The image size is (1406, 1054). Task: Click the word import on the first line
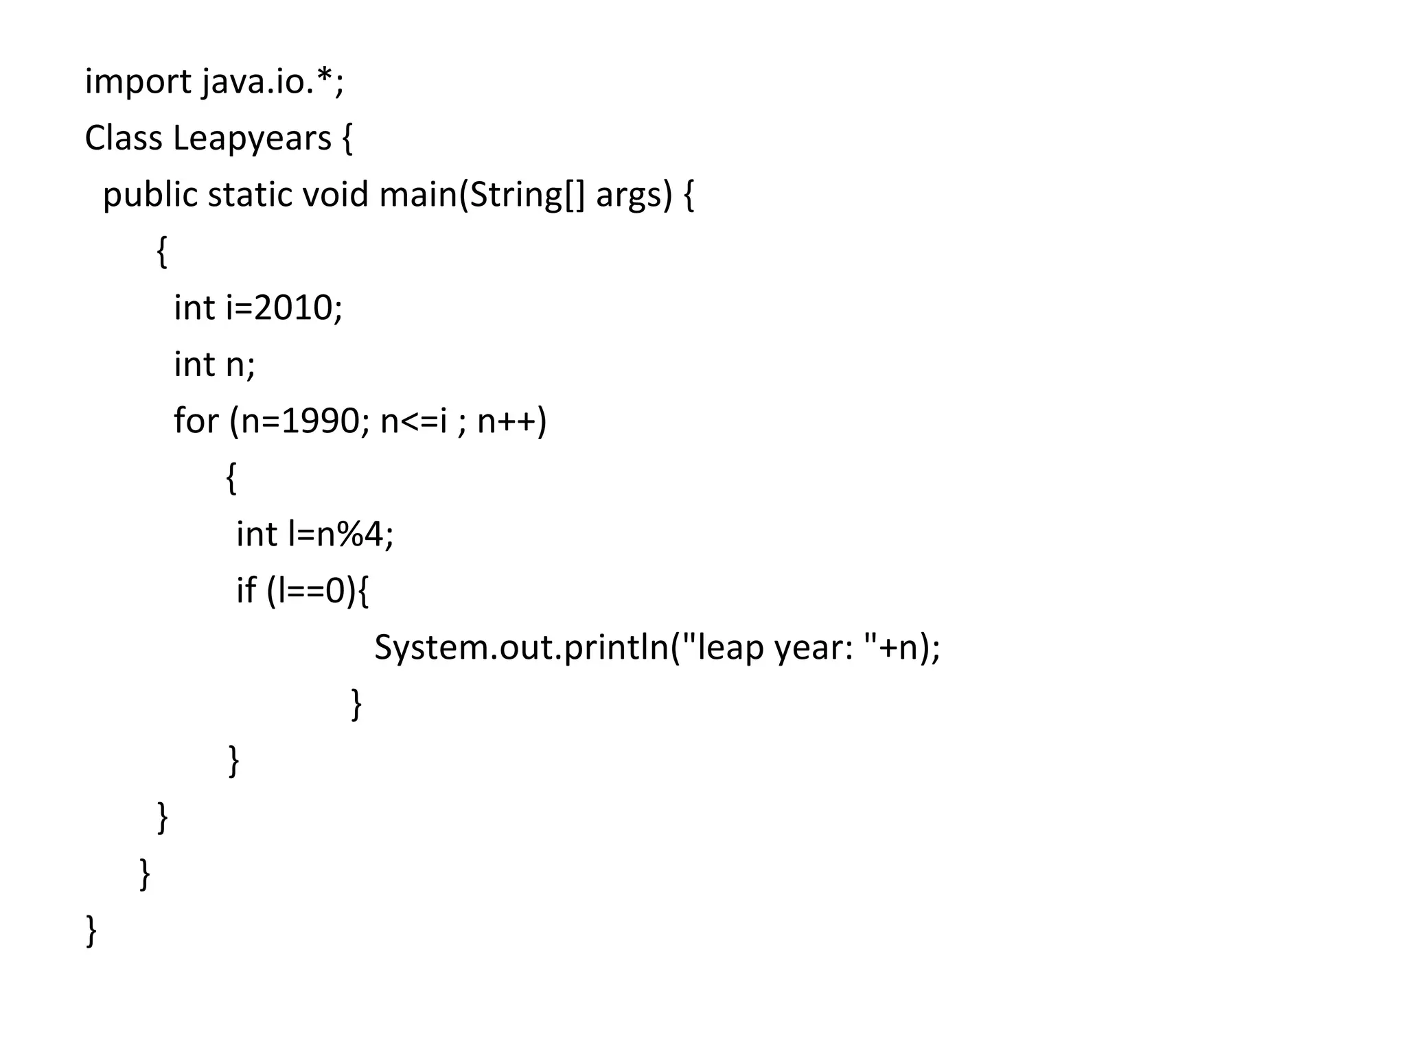(x=138, y=82)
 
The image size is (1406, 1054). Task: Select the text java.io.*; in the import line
(x=273, y=82)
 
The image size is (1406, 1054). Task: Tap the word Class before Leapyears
(x=123, y=139)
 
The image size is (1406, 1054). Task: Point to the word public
(x=150, y=196)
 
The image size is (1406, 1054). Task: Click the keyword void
(x=336, y=195)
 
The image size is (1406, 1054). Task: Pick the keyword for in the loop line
(x=196, y=421)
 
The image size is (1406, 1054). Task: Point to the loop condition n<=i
(x=413, y=421)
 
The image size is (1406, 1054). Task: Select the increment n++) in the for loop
(x=512, y=421)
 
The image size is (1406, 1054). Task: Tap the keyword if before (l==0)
(x=246, y=590)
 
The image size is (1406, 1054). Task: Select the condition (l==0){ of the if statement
(x=317, y=591)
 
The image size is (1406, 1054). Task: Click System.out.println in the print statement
(x=522, y=648)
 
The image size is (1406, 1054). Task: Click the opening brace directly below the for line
(x=231, y=478)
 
